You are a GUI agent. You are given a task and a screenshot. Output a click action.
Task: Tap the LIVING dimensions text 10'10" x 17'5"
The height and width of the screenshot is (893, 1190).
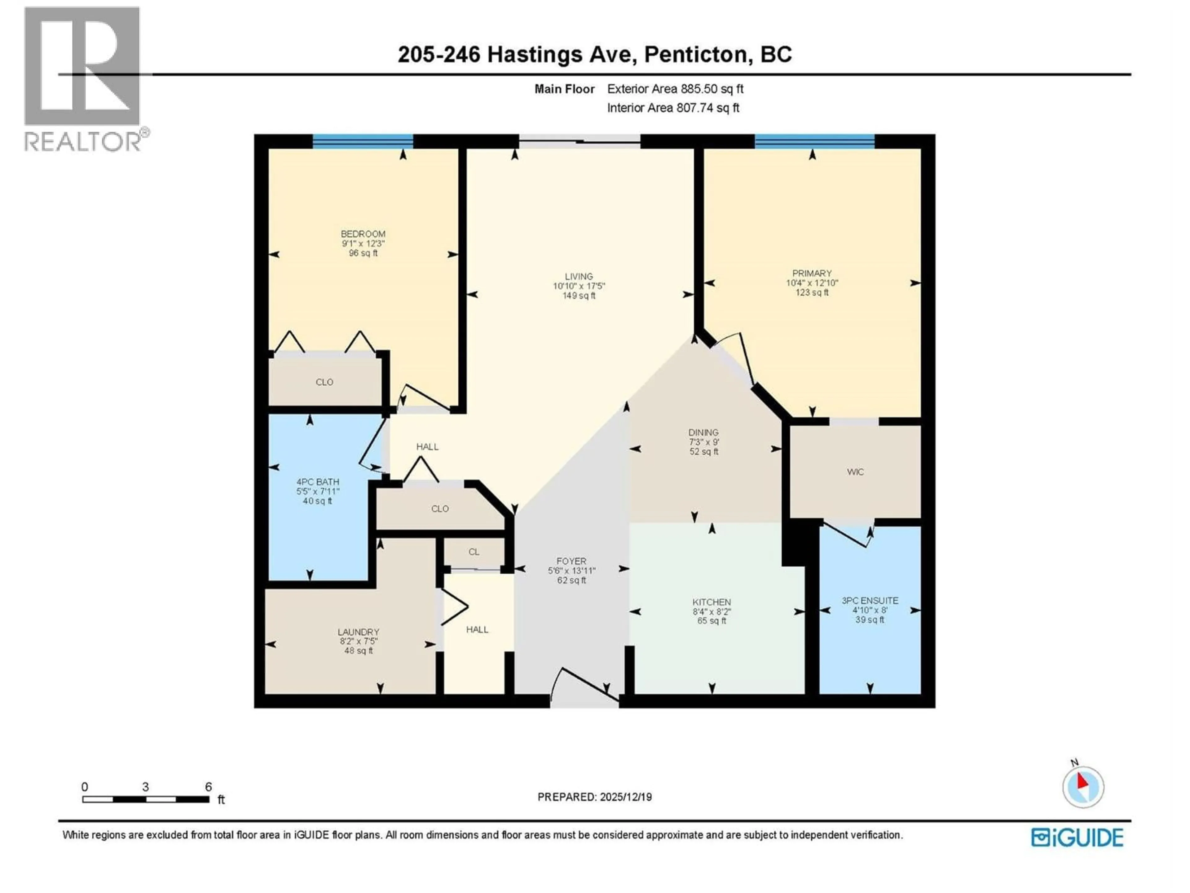point(579,286)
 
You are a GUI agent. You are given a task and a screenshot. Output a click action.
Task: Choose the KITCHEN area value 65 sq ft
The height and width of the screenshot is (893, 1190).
point(711,621)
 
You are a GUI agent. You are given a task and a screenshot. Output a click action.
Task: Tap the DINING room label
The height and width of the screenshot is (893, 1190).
point(703,432)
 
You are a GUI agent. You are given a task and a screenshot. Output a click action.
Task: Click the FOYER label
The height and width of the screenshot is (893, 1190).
point(571,561)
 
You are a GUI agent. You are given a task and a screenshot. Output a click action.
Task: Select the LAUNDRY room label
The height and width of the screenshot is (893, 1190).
point(358,632)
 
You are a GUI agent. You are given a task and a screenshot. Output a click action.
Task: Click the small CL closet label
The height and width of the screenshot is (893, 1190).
point(474,552)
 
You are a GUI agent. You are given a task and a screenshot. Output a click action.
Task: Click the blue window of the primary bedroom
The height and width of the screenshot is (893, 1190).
point(814,142)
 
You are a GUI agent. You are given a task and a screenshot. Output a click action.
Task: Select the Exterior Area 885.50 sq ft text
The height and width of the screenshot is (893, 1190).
point(675,89)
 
